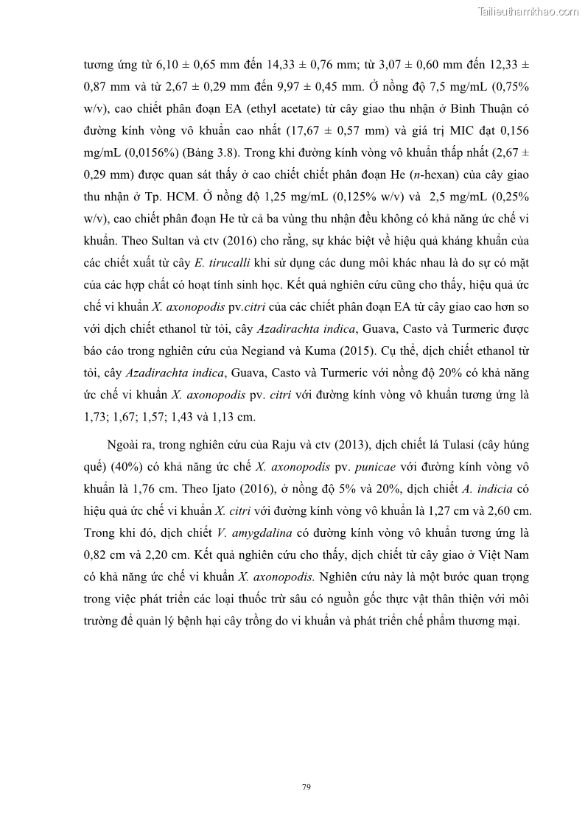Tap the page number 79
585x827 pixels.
[x=306, y=787]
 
